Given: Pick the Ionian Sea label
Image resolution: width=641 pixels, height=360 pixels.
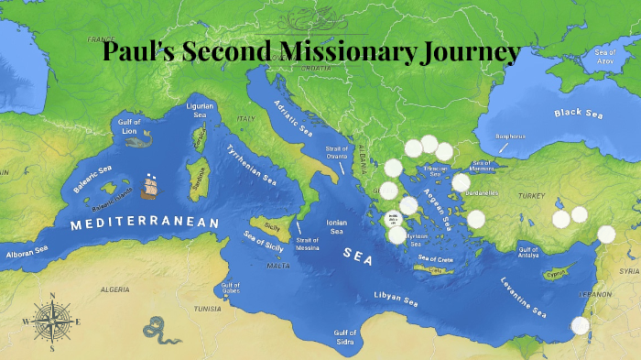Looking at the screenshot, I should coord(335,226).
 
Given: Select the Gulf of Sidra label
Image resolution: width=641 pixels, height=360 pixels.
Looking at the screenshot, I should coord(345,336).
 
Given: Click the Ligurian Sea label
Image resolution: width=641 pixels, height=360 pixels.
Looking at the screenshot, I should coord(199,110).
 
